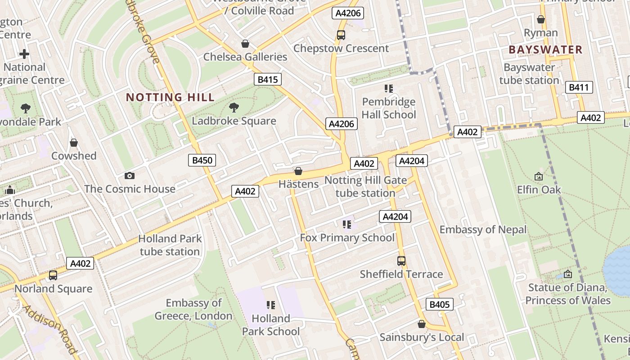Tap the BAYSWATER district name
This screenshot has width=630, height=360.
tap(545, 50)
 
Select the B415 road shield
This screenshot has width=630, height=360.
tap(267, 80)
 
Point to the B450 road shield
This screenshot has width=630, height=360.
tap(202, 160)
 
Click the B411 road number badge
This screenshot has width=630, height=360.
tap(579, 87)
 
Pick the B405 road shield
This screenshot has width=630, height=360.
tap(440, 304)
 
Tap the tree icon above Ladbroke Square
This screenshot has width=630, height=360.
tap(234, 108)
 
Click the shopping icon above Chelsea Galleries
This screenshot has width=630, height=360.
tap(245, 44)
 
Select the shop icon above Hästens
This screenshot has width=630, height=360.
tap(298, 171)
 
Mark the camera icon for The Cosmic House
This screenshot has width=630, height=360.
tap(130, 175)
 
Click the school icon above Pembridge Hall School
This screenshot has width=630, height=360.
tap(388, 89)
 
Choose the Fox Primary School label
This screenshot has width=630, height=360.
tap(347, 238)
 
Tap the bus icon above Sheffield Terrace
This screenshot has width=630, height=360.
tap(401, 261)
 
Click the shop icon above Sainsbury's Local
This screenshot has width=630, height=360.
tap(422, 324)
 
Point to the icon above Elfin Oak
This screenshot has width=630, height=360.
tap(538, 176)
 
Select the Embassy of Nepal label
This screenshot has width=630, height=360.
tap(483, 229)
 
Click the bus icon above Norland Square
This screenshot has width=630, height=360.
tap(53, 275)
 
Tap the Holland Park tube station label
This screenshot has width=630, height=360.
tap(170, 245)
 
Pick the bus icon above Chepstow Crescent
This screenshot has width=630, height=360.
tap(341, 35)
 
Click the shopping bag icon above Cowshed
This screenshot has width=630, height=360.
tap(74, 143)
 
